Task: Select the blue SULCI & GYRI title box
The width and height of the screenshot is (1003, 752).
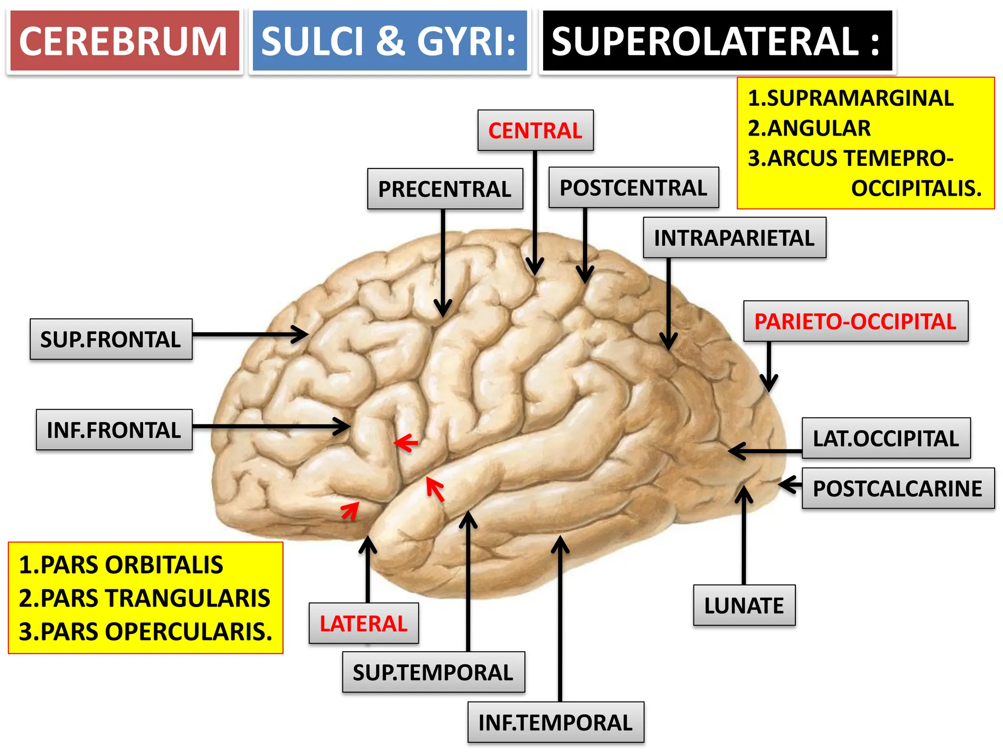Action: (x=389, y=41)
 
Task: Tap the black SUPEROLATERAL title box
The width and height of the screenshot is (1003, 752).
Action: (x=717, y=41)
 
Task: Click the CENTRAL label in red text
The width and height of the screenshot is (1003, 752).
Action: (x=535, y=130)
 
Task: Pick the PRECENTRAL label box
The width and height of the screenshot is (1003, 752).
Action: (x=445, y=189)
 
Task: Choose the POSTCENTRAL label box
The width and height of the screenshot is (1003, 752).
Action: (x=633, y=188)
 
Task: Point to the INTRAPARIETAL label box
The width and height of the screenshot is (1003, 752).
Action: (x=734, y=238)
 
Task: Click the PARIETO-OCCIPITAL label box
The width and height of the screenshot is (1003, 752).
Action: (x=855, y=321)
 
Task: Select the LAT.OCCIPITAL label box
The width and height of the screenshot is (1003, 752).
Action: (x=885, y=438)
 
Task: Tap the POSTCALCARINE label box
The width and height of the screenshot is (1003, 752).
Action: (x=897, y=488)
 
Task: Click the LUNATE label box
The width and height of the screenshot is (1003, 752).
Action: (x=744, y=605)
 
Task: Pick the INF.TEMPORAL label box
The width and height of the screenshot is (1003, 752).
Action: (x=555, y=723)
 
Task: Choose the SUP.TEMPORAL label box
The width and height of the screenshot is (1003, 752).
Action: (x=433, y=672)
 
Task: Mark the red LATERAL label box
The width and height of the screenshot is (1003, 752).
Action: (x=363, y=623)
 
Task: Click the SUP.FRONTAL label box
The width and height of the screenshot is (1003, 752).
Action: (x=111, y=339)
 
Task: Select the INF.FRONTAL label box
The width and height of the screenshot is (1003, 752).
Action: (x=114, y=430)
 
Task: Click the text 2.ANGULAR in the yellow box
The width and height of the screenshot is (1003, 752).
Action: (x=809, y=128)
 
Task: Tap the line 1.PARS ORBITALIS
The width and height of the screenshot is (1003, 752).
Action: (x=121, y=565)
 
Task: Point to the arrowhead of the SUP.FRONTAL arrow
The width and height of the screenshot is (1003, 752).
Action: (x=305, y=335)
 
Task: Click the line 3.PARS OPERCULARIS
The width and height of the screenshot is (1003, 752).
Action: (x=145, y=632)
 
